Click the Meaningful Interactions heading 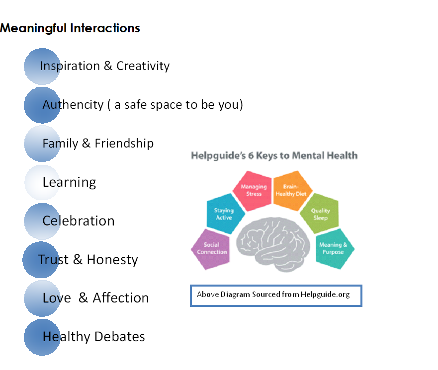[x=70, y=28]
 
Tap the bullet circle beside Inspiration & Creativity [x=42, y=66]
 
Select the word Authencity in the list [x=73, y=105]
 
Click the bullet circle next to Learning [x=42, y=182]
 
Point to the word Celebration [x=79, y=221]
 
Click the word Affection [x=121, y=298]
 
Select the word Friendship [x=124, y=144]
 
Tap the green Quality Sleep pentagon [x=320, y=214]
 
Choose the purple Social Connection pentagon [x=212, y=248]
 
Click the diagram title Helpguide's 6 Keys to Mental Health [x=274, y=155]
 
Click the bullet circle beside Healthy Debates [x=42, y=337]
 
